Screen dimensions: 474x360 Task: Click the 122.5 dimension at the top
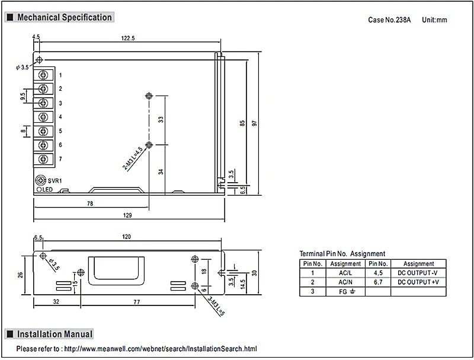128,38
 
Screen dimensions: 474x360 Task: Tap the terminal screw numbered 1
43,75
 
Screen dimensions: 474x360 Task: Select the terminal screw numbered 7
43,159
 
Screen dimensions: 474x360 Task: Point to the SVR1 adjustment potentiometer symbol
40,180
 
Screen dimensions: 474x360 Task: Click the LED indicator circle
39,190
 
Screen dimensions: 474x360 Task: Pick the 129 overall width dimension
127,215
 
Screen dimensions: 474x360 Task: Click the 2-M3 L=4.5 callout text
132,158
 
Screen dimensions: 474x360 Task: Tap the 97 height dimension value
255,123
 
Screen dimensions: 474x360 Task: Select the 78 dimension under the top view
90,203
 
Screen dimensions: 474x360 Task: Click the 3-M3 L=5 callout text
216,306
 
